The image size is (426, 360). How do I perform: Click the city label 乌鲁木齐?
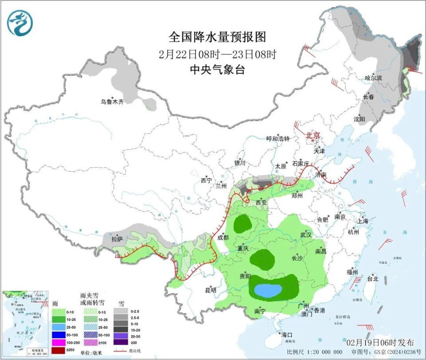tap(111, 102)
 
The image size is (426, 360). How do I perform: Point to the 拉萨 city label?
tap(117, 239)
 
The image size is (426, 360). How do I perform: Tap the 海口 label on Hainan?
tap(286, 334)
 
